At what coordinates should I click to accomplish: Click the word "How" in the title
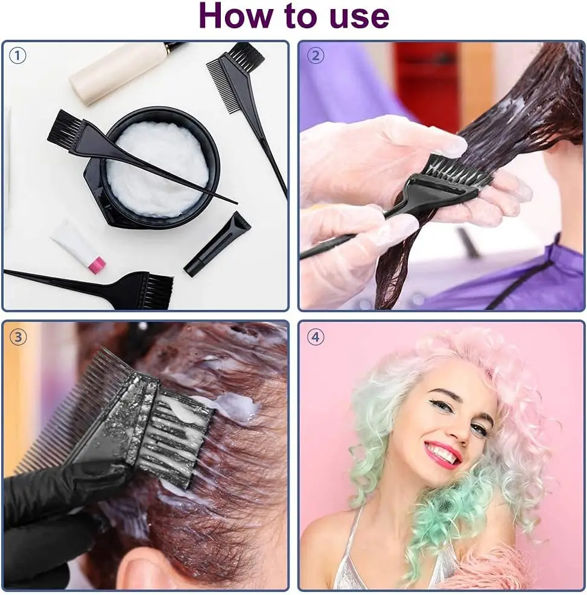pos(234,16)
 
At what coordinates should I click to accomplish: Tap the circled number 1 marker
pos(17,55)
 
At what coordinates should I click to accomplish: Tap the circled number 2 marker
pos(315,55)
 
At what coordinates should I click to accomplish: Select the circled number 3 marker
pos(17,337)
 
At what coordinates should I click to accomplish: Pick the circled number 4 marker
pos(315,337)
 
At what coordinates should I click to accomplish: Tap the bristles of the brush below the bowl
pos(158,289)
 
